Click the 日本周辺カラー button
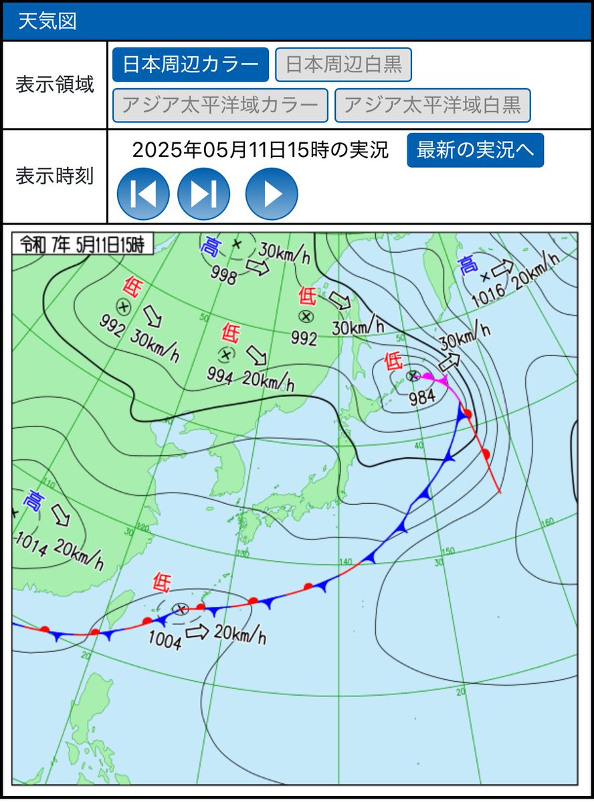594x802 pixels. click(191, 65)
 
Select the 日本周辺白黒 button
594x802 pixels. click(343, 65)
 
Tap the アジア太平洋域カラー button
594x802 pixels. click(220, 106)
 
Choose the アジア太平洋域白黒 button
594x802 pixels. click(432, 106)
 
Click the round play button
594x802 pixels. click(272, 194)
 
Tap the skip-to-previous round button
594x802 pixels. click(143, 194)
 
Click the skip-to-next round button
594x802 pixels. click(203, 194)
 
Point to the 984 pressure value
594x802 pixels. click(423, 396)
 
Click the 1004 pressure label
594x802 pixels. click(165, 642)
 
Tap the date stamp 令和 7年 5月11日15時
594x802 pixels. click(82, 244)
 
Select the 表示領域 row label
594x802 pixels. click(54, 86)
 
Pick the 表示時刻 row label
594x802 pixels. click(54, 176)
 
